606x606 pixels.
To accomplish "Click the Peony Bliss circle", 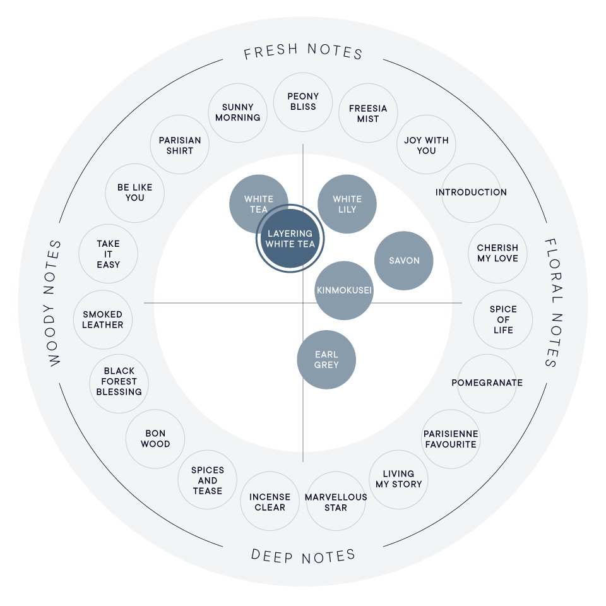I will coord(303,102).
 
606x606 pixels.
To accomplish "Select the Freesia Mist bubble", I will coord(368,114).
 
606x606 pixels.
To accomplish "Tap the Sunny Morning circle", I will coord(237,112).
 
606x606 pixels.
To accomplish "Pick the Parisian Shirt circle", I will coord(180,145).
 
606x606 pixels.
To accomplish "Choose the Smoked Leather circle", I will coord(103,319).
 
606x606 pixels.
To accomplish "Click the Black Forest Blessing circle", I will coord(119,382).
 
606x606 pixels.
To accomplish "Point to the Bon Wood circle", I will coord(155,439).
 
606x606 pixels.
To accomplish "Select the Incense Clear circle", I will coord(270,502).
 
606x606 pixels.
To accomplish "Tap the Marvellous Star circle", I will coord(336,502).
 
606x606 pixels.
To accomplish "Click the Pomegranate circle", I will coord(487,383).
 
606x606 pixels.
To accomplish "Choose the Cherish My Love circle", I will coord(497,253).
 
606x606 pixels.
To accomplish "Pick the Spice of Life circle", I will coord(503,319).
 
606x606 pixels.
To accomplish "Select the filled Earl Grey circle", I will coord(326,360).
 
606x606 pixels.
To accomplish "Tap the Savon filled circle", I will coord(404,261).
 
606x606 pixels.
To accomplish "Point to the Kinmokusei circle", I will coord(344,291).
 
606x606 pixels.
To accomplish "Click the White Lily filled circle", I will coord(347,204).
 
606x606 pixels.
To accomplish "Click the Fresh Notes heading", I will coord(303,52).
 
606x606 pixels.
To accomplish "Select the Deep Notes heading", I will coord(303,555).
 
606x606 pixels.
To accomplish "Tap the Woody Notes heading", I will coord(55,303).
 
